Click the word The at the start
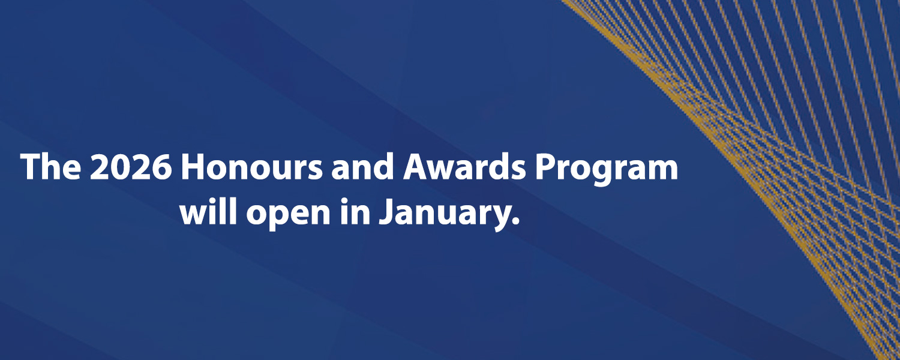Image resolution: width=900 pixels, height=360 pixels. point(50,168)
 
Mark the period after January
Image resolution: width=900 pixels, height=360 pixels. point(514,223)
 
